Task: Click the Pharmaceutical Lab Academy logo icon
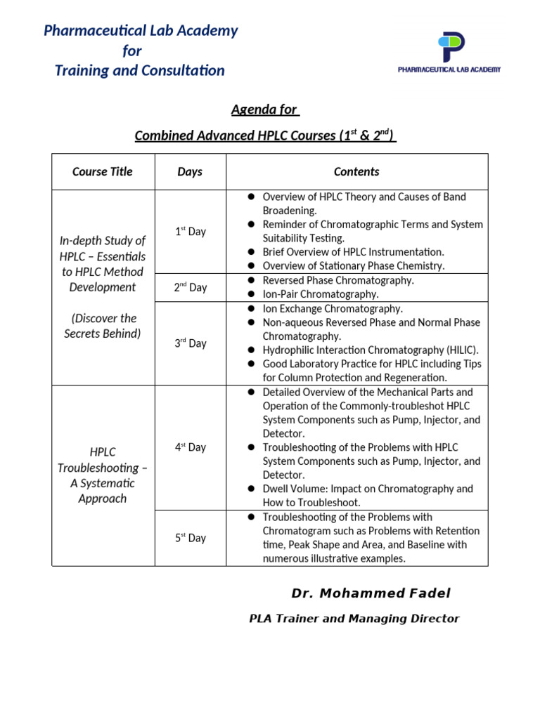pyautogui.click(x=451, y=48)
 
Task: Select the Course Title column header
pyautogui.click(x=103, y=171)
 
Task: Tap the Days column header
pyautogui.click(x=190, y=171)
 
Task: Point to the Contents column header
pyautogui.click(x=356, y=171)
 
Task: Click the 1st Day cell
pyautogui.click(x=190, y=232)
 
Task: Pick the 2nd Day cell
pyautogui.click(x=190, y=287)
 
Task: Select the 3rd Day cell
pyautogui.click(x=190, y=343)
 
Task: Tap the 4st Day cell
pyautogui.click(x=190, y=447)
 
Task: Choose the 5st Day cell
pyautogui.click(x=190, y=538)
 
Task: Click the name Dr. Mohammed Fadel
pyautogui.click(x=371, y=593)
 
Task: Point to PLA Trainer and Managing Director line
pyautogui.click(x=354, y=619)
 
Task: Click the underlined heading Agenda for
pyautogui.click(x=265, y=110)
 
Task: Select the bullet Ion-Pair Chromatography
pyautogui.click(x=320, y=294)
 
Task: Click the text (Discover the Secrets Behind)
pyautogui.click(x=103, y=326)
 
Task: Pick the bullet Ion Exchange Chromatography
pyautogui.click(x=333, y=308)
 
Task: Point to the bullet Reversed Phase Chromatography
pyautogui.click(x=338, y=280)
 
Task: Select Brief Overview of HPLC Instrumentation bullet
pyautogui.click(x=353, y=251)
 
